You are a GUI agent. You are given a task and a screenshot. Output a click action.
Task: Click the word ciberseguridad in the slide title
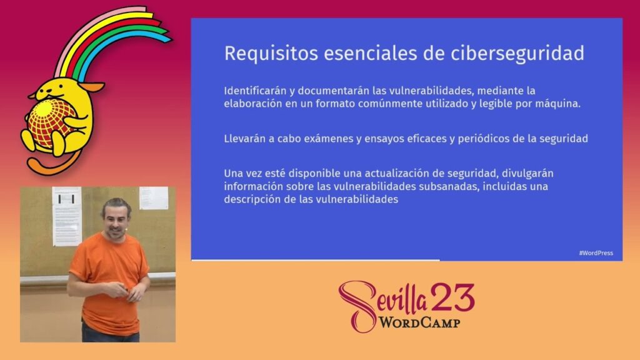(517, 54)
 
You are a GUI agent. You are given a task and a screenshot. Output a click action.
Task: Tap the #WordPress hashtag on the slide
(596, 253)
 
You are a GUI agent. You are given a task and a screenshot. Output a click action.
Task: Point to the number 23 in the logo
(452, 297)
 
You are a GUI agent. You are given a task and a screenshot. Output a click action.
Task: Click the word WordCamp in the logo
(420, 323)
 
